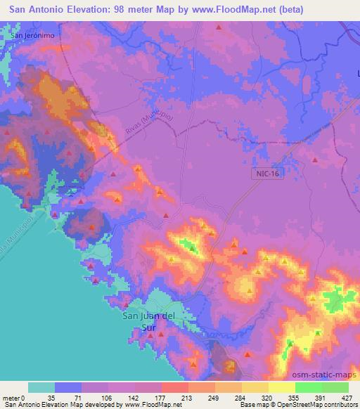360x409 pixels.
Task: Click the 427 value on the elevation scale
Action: (x=347, y=397)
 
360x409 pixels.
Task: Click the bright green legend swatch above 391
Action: (x=308, y=387)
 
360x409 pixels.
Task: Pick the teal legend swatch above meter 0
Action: (x=41, y=387)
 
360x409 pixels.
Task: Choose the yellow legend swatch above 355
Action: (x=281, y=387)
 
